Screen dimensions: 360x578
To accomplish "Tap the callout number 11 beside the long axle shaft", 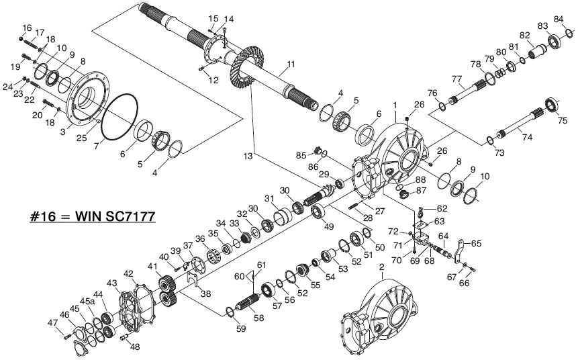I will [290, 65].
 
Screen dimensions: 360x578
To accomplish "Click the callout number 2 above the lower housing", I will [382, 267].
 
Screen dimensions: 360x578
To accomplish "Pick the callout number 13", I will [249, 156].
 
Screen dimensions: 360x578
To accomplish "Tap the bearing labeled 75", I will [551, 106].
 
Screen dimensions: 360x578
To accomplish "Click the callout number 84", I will [559, 19].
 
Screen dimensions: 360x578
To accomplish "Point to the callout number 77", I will [456, 79].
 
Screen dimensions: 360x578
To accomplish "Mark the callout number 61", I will [262, 265].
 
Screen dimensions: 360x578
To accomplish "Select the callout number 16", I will [28, 28].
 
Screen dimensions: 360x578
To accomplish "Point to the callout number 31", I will [270, 199].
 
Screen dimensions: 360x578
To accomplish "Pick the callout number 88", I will [420, 180].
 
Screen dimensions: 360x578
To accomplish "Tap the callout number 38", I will [205, 293].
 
